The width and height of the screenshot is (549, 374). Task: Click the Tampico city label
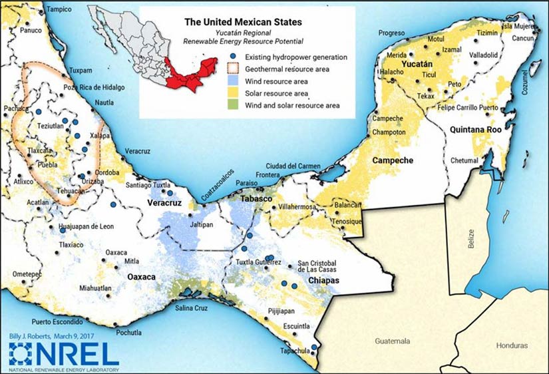pos(59,10)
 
